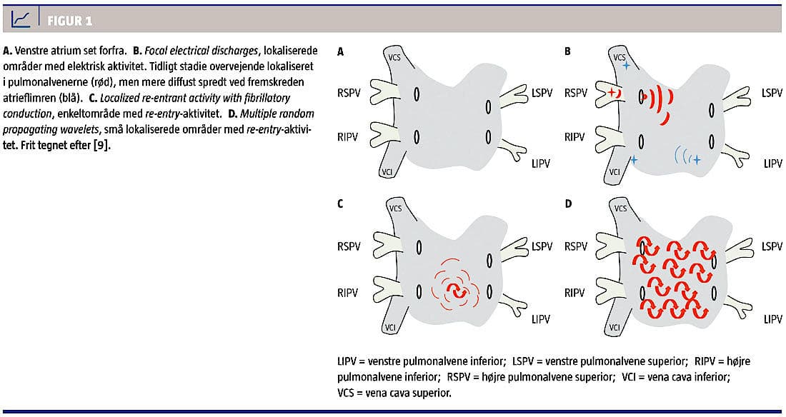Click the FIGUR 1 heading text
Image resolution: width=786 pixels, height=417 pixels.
click(x=69, y=20)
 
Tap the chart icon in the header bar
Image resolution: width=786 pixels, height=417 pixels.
click(x=21, y=19)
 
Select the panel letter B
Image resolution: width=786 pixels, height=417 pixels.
click(x=567, y=51)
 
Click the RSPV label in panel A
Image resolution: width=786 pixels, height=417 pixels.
click(x=351, y=94)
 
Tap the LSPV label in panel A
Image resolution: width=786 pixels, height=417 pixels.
click(x=542, y=94)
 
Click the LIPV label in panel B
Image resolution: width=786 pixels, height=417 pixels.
click(x=772, y=164)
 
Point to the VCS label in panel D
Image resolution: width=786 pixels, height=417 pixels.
click(x=620, y=208)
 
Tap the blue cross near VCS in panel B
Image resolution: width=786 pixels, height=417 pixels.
click(x=626, y=66)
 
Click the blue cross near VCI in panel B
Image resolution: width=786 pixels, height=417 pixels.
click(x=633, y=160)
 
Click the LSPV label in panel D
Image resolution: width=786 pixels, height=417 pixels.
click(x=772, y=246)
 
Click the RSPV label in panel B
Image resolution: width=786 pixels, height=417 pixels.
click(x=578, y=94)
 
